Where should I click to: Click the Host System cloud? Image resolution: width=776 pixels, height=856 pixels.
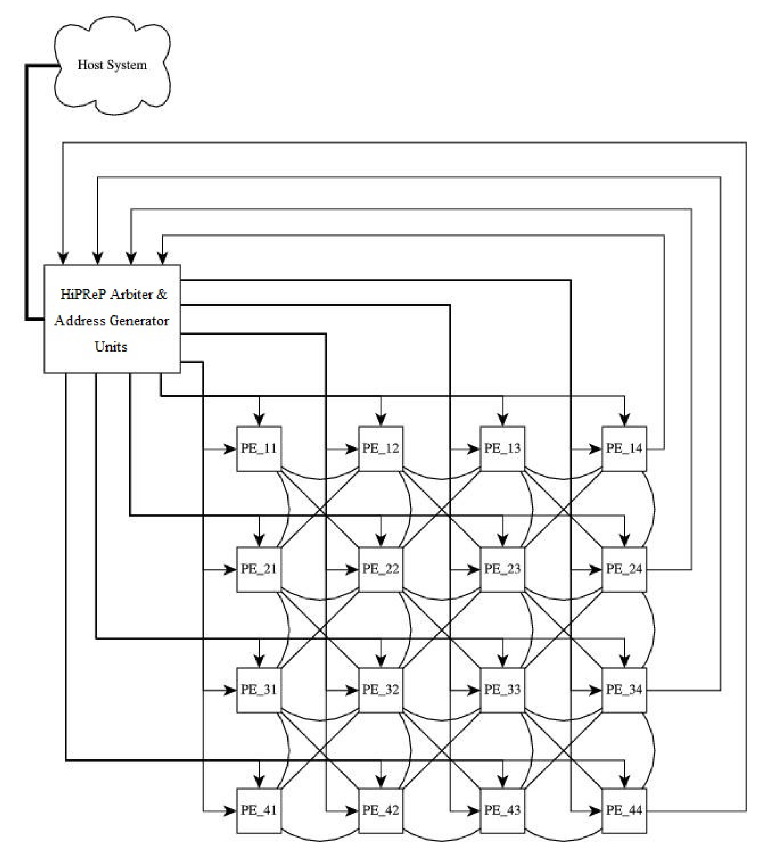point(112,65)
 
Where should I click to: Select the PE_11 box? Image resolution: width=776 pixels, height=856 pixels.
point(259,449)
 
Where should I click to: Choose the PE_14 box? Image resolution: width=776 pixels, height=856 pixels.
point(624,449)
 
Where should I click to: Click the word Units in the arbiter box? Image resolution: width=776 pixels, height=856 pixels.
point(111,347)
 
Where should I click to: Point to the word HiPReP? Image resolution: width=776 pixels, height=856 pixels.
point(83,294)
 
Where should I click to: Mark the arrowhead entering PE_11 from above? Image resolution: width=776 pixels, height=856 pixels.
point(259,419)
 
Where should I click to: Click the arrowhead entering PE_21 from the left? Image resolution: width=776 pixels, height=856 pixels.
point(229,569)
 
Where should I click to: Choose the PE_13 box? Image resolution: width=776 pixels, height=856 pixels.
point(502,449)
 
